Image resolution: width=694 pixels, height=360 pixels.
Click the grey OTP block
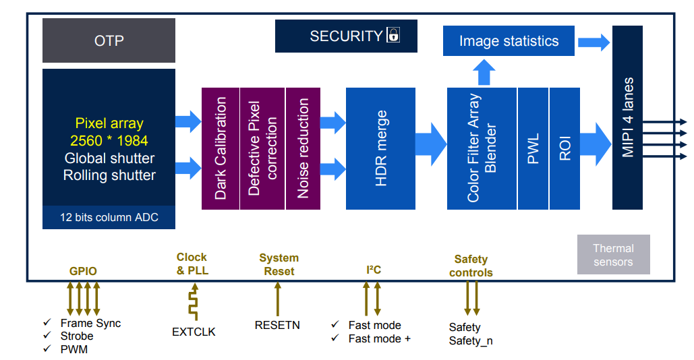coord(109,40)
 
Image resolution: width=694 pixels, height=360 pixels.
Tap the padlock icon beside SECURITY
coord(393,36)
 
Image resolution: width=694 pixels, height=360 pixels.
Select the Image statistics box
coord(509,41)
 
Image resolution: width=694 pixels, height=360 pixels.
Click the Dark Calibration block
coord(221,148)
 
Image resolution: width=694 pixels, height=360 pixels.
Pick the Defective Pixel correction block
coord(262,148)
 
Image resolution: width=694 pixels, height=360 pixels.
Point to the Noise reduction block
coord(303,148)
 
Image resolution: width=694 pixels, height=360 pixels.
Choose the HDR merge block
coord(380,148)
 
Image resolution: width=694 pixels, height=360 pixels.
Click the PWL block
coord(533,148)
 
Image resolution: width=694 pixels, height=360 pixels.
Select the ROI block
coord(565,148)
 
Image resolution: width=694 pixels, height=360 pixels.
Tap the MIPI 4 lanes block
coord(627,117)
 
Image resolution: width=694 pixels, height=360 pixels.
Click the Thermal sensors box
coord(613,254)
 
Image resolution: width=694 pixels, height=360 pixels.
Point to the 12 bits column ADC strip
coord(109,218)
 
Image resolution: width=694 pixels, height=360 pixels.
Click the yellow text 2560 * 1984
coord(109,141)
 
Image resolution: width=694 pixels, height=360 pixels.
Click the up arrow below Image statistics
coord(483,71)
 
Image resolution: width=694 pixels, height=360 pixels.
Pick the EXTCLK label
coord(194,332)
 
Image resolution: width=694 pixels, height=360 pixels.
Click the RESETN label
coord(277,325)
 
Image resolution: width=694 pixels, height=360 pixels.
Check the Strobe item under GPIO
coord(77,336)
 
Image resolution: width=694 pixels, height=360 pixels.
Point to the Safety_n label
coord(471,340)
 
